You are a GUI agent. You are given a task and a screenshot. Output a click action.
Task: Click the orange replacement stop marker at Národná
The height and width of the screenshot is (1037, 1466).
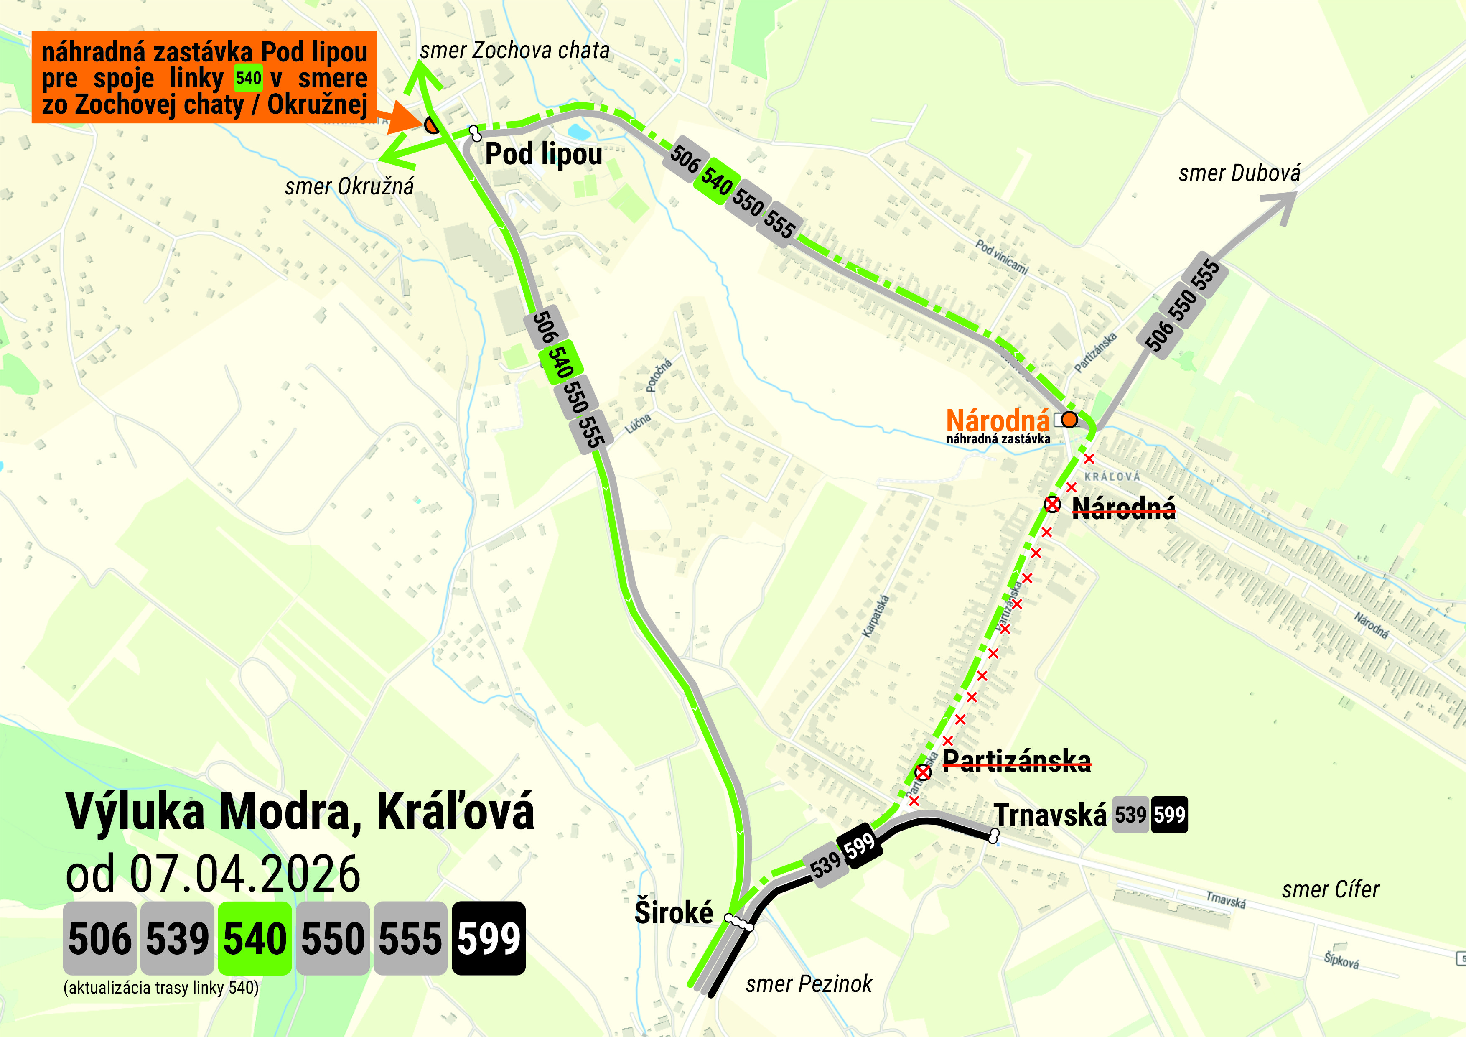1069,420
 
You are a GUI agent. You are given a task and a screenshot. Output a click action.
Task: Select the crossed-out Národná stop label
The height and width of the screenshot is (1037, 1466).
1124,508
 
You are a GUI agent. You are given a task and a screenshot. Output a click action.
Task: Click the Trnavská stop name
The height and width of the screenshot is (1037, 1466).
1050,815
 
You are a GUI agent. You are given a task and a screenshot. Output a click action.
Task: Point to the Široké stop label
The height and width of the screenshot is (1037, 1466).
674,912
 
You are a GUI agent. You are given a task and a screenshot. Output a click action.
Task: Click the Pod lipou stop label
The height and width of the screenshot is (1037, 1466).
543,154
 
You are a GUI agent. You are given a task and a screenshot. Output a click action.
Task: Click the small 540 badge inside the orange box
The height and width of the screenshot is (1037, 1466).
248,79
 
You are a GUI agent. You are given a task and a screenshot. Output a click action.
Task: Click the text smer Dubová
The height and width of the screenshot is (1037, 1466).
1239,173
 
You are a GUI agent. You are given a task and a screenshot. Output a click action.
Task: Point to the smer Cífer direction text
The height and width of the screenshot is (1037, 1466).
1330,889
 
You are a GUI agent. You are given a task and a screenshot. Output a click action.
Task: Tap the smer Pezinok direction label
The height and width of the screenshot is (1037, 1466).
808,984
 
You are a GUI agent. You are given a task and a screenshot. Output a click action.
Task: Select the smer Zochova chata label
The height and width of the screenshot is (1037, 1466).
514,51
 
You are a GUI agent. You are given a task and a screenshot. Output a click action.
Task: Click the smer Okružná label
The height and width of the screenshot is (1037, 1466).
349,186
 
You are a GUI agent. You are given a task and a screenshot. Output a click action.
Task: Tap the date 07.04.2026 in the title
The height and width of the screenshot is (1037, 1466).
245,874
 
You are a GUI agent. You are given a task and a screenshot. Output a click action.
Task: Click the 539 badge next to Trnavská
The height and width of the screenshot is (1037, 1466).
1130,815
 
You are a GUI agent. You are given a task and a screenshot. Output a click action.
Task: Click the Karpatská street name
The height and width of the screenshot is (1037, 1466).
876,616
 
